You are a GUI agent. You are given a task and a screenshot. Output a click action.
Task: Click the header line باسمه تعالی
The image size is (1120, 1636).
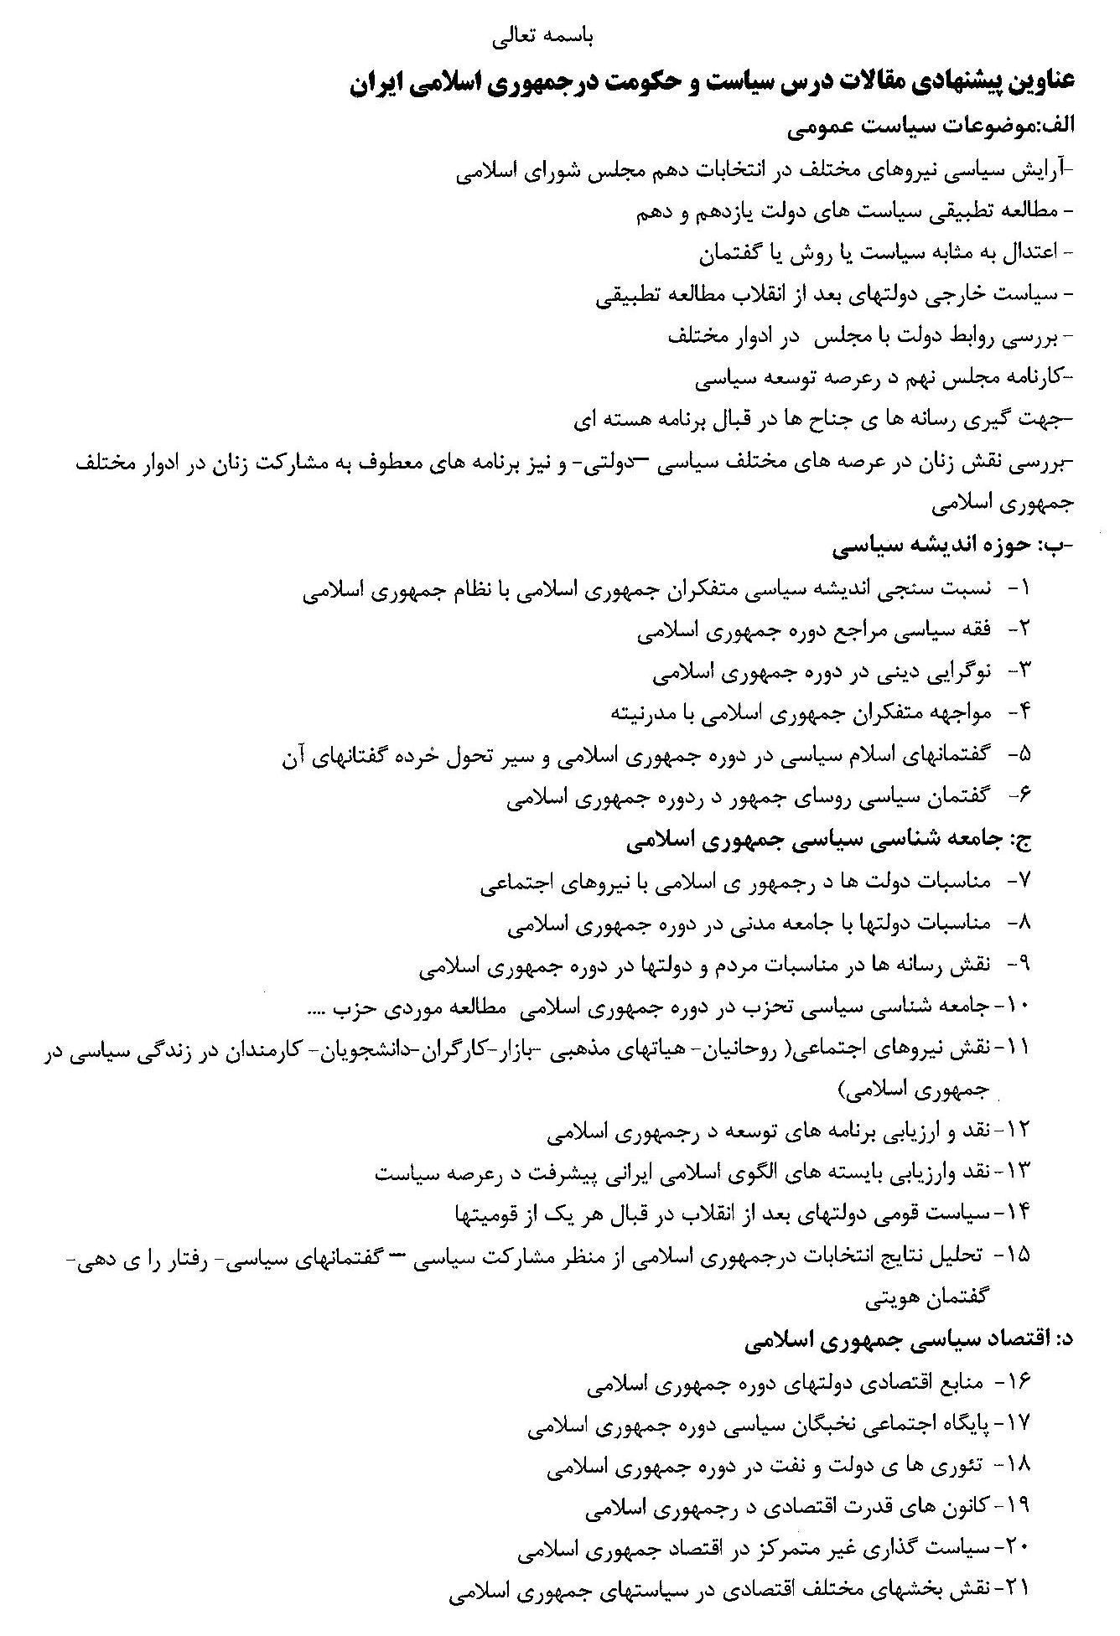(x=540, y=37)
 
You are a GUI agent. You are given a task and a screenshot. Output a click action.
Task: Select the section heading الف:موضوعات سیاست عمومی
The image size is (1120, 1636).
(x=931, y=128)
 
